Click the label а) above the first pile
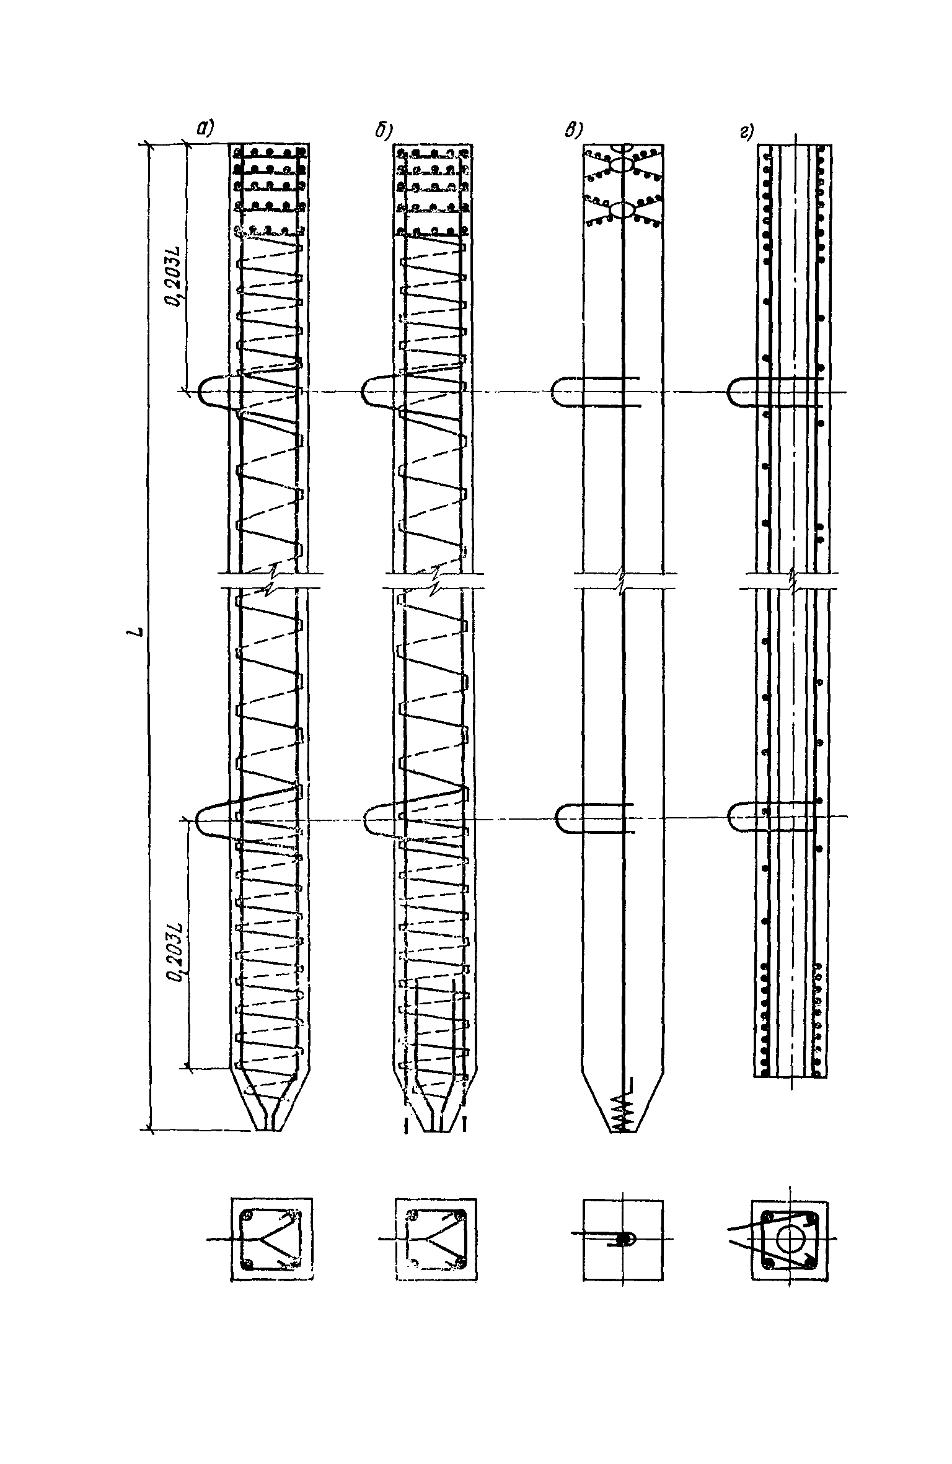pos(205,129)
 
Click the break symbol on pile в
pos(622,580)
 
